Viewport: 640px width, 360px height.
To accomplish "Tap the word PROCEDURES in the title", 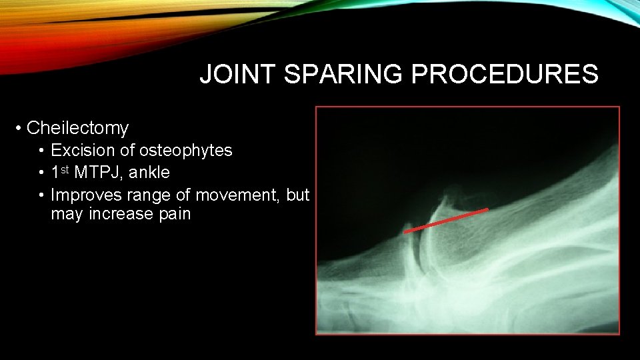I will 505,75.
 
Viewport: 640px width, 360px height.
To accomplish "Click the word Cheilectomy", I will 77,127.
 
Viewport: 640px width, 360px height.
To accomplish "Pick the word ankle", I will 149,173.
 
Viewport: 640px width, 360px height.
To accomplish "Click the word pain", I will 175,214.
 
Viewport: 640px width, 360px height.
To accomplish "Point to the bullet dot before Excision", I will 41,151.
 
